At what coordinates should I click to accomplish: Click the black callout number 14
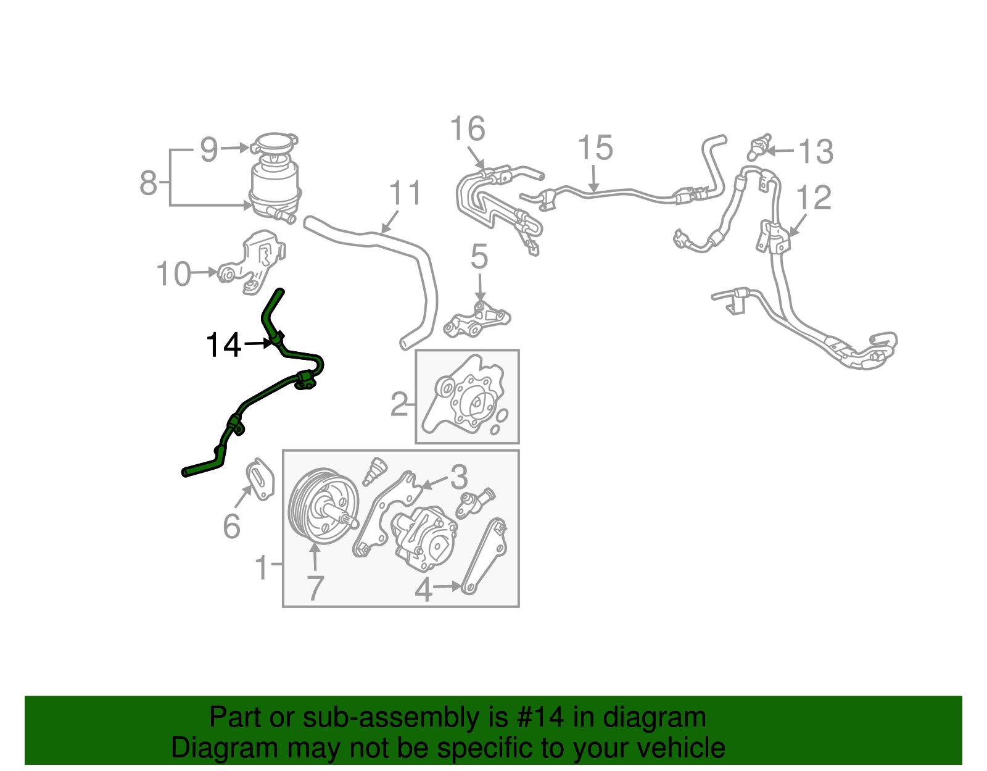click(x=223, y=345)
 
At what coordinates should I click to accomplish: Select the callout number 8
click(x=149, y=183)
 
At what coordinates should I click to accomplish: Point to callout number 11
click(x=405, y=193)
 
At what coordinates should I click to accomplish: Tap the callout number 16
click(x=467, y=130)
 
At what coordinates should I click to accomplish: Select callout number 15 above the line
click(x=595, y=148)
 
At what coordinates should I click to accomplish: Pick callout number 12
click(x=814, y=198)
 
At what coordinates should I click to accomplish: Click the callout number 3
click(x=458, y=477)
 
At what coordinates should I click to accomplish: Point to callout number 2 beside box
click(x=399, y=405)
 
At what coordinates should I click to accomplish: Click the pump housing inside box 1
click(x=424, y=537)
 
